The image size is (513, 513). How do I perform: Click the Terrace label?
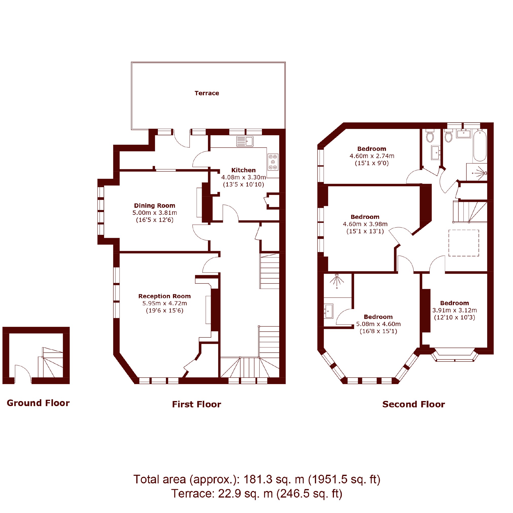tap(206, 93)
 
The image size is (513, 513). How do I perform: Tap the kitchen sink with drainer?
tap(244, 141)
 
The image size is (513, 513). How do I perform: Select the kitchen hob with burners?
tap(273, 162)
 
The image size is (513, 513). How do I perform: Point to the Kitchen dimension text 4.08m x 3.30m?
tap(243, 177)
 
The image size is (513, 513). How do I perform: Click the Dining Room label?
tap(155, 205)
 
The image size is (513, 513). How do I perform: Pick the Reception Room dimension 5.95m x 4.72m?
tap(165, 303)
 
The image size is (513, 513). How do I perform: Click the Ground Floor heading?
tap(38, 403)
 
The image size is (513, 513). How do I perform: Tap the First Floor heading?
tap(197, 404)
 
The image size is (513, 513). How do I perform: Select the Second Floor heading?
tap(413, 404)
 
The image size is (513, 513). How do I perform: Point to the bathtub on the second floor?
tap(480, 145)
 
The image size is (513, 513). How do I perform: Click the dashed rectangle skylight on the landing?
tap(464, 243)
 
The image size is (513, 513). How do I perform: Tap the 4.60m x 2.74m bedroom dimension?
tap(372, 156)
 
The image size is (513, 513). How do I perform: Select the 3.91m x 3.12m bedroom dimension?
tap(454, 310)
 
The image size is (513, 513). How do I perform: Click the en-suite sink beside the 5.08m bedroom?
tap(329, 311)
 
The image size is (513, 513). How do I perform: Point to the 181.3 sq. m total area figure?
tap(274, 479)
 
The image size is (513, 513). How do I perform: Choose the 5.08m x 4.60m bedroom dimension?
tap(378, 324)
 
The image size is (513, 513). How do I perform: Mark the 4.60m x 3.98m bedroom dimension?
tap(365, 224)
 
